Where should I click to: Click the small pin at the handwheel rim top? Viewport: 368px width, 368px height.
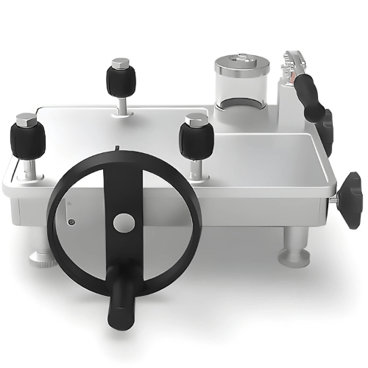tap(118, 148)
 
